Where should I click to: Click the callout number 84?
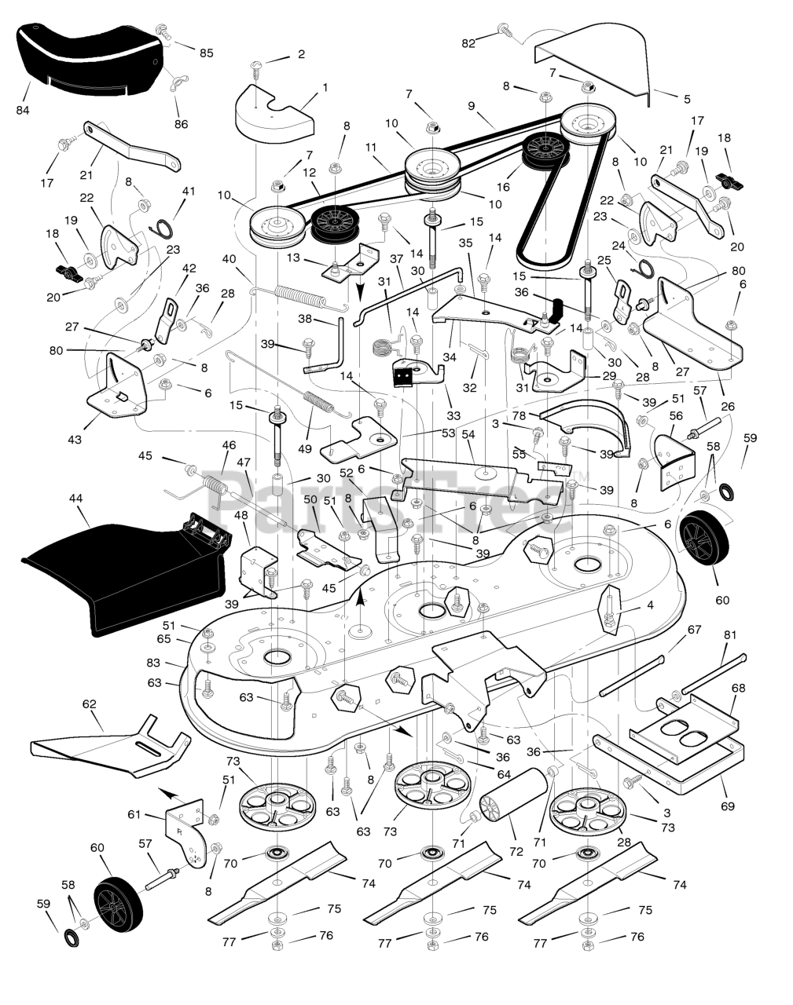[x=23, y=110]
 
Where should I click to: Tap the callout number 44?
[x=75, y=499]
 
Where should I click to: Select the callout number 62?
[x=90, y=703]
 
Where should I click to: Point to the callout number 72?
[x=516, y=851]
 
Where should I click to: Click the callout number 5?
[x=687, y=99]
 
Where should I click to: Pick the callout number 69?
[x=728, y=806]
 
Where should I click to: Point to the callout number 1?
[x=325, y=87]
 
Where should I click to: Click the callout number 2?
[x=301, y=54]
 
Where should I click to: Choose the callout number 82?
[x=468, y=43]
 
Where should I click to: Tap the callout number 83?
[x=153, y=663]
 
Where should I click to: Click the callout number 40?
[x=229, y=259]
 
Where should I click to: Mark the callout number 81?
[x=730, y=635]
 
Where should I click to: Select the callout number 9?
[x=471, y=106]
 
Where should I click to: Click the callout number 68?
[x=738, y=688]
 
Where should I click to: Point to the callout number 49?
[x=304, y=449]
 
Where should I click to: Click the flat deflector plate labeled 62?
[x=110, y=746]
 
